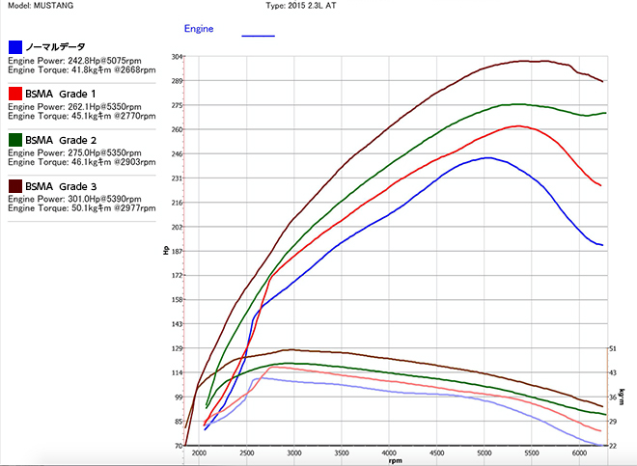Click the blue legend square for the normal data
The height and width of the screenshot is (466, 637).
click(15, 46)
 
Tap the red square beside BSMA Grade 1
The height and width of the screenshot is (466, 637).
click(15, 93)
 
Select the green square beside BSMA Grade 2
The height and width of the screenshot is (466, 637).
click(15, 139)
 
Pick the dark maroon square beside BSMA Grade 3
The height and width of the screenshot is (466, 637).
click(15, 185)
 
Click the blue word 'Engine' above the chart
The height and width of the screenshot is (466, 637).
click(199, 29)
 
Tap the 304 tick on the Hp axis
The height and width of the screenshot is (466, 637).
click(177, 56)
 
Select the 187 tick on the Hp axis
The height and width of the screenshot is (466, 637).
click(177, 251)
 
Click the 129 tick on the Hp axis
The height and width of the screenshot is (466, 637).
click(177, 348)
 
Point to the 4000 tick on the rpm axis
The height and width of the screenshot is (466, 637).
click(389, 452)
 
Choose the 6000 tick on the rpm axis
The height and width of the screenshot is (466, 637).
click(579, 452)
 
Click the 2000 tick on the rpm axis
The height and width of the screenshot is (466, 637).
click(199, 452)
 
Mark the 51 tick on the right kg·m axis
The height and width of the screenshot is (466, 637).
click(612, 348)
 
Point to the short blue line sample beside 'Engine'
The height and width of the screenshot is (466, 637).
click(258, 35)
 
